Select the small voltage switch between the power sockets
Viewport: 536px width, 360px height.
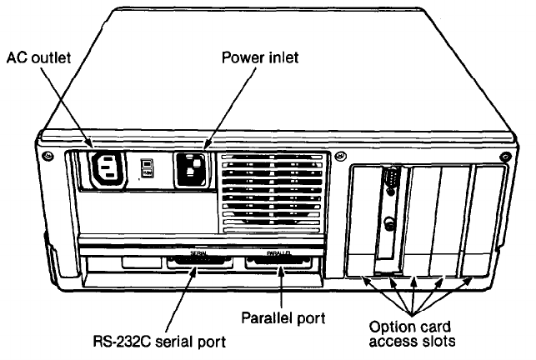point(148,168)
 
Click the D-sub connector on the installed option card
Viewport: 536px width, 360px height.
point(388,181)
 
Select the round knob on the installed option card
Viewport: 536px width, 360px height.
point(388,223)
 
